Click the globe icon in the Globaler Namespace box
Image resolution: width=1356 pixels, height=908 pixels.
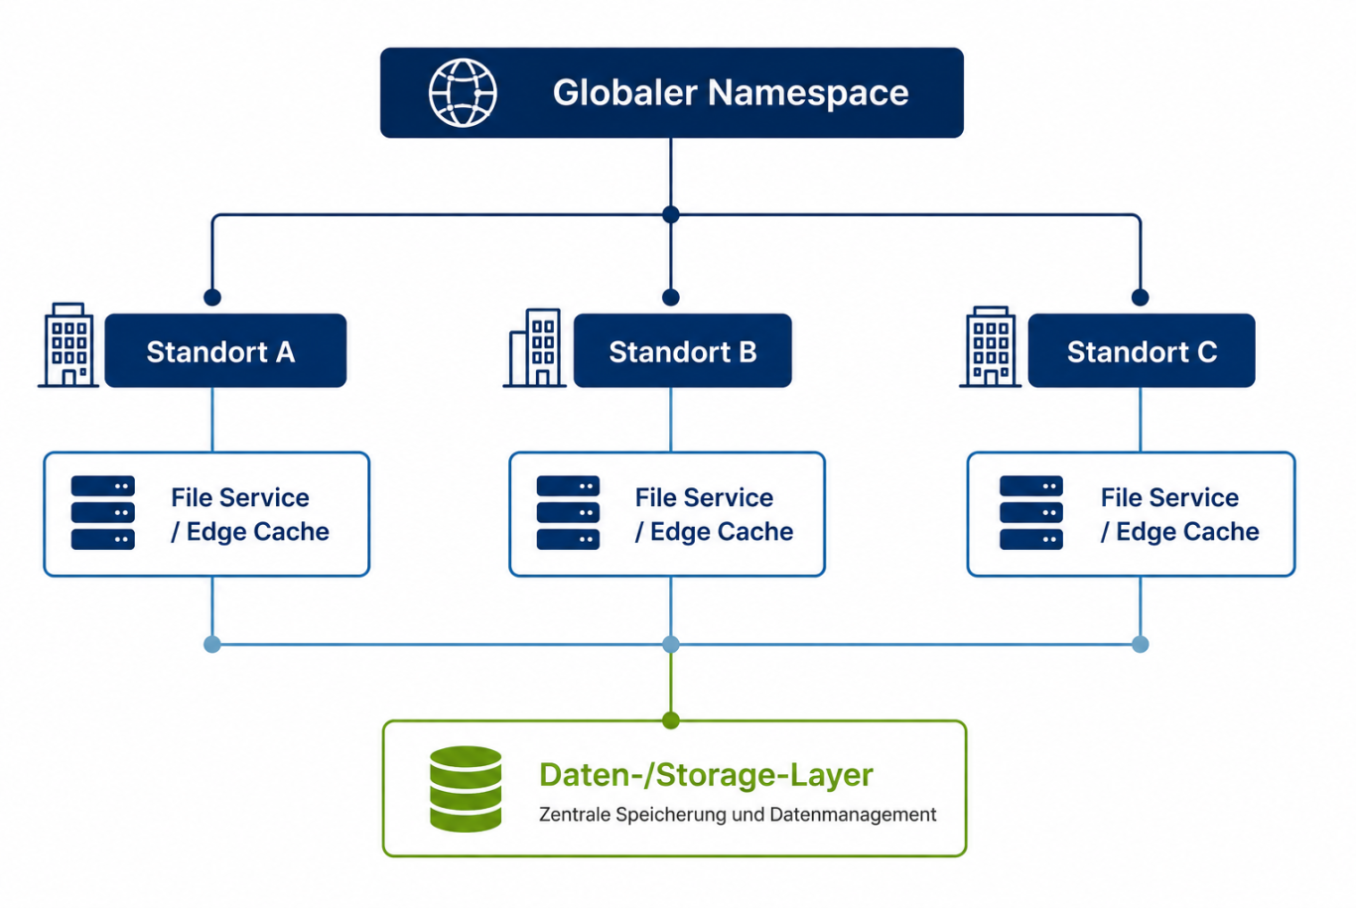(x=464, y=92)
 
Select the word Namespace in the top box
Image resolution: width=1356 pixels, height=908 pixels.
(x=808, y=92)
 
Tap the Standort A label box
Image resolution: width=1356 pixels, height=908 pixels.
(x=225, y=350)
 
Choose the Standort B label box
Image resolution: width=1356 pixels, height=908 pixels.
(x=683, y=350)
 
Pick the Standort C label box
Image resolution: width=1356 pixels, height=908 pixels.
(x=1142, y=350)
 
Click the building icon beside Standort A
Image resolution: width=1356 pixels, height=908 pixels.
(x=68, y=345)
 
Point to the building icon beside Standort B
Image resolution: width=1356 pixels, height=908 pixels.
(x=534, y=348)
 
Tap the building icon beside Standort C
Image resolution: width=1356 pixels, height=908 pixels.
(x=991, y=347)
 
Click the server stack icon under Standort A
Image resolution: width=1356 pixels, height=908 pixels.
(x=103, y=513)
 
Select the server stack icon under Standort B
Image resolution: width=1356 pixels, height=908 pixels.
(x=568, y=513)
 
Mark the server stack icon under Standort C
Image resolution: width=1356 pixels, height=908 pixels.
(x=1031, y=513)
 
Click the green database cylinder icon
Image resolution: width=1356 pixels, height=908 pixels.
(x=466, y=789)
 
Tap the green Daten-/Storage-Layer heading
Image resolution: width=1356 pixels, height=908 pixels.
(x=706, y=775)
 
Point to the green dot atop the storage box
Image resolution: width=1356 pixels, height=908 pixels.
(x=671, y=720)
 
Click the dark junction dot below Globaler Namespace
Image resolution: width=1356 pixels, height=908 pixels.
(x=671, y=215)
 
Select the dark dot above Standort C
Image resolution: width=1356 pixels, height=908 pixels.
(x=1141, y=298)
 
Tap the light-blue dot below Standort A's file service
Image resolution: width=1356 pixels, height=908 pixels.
(x=212, y=645)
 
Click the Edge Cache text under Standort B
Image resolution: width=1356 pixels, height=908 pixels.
(x=722, y=532)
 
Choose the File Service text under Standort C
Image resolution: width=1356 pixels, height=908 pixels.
(x=1169, y=497)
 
